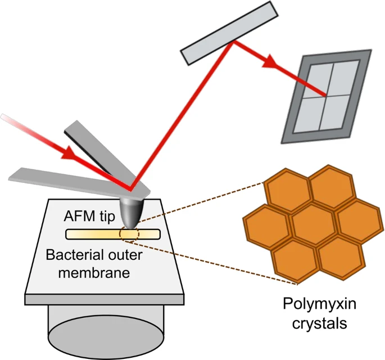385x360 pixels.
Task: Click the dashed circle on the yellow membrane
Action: coord(129,233)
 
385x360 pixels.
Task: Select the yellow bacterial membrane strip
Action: coord(96,234)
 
